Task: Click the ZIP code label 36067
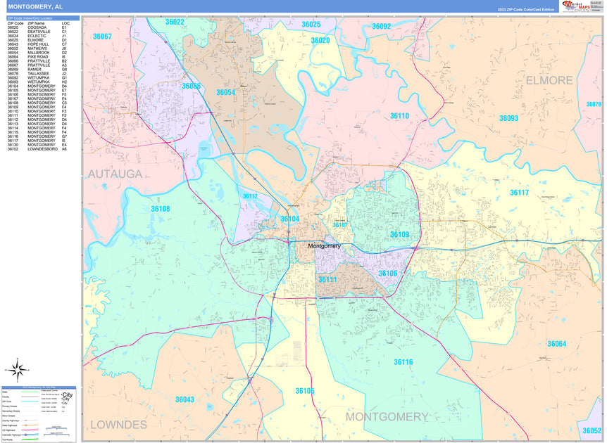click(102, 36)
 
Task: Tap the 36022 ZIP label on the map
click(175, 23)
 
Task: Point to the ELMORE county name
click(549, 80)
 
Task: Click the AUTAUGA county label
click(115, 173)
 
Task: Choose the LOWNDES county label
click(118, 425)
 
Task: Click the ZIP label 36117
click(519, 193)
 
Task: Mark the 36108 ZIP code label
click(160, 209)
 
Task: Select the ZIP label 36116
click(403, 362)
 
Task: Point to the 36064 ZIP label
click(556, 344)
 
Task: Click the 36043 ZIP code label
click(184, 399)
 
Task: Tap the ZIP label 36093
click(508, 119)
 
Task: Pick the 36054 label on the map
click(225, 93)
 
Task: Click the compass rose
click(19, 368)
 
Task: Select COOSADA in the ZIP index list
click(38, 27)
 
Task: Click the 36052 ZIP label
click(591, 430)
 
